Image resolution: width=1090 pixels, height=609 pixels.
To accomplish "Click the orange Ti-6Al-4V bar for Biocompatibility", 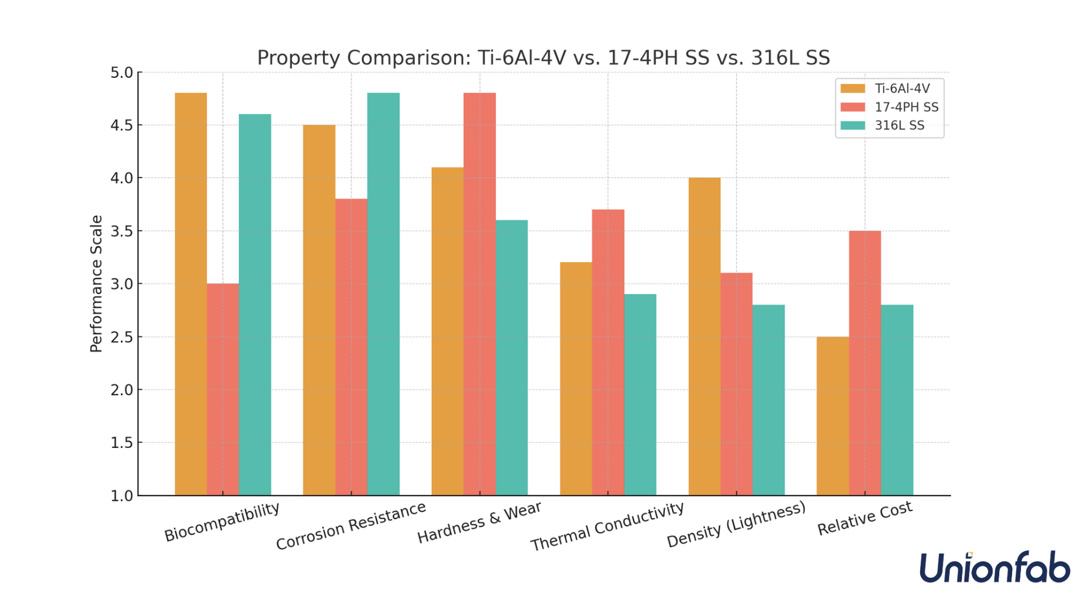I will click(x=191, y=295).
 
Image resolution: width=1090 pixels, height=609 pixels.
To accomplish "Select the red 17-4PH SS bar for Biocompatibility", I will click(x=223, y=389).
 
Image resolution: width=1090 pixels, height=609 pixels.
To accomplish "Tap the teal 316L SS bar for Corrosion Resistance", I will click(x=383, y=295).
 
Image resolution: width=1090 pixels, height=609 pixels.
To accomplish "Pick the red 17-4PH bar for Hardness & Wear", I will click(x=480, y=295).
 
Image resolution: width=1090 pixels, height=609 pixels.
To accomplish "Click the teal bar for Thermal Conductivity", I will click(x=640, y=395).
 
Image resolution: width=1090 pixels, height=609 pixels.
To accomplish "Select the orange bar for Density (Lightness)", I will click(x=704, y=336).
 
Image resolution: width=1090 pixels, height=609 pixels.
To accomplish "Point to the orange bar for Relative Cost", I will click(x=832, y=416).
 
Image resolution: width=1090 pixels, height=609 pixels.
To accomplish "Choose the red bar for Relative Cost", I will click(x=865, y=363).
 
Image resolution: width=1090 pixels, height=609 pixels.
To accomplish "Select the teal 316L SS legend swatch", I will click(x=852, y=126).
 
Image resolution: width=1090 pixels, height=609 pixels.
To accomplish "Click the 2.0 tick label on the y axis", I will click(x=123, y=390).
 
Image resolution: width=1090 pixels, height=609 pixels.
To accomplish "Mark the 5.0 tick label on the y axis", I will click(x=123, y=73).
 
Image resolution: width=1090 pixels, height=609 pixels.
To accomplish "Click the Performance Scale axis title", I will click(x=96, y=284).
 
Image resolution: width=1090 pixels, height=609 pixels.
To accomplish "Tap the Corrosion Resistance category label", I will click(x=351, y=525).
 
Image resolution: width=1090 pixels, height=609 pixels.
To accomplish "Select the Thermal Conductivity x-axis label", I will click(x=608, y=526).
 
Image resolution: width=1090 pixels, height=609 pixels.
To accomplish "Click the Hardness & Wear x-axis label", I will click(x=480, y=522).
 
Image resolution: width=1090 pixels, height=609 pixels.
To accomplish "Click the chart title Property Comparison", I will click(x=543, y=58).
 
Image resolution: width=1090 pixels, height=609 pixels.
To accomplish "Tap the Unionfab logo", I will click(x=994, y=568).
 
